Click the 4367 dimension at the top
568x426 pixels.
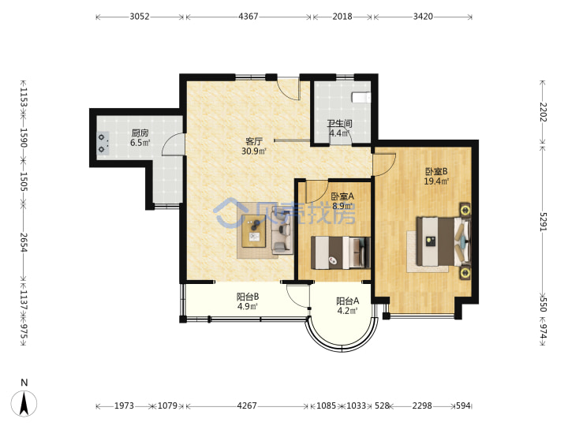(x=248, y=17)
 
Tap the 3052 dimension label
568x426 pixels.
(x=140, y=17)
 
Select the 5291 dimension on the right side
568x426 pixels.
(x=543, y=222)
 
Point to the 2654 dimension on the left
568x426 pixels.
(x=24, y=242)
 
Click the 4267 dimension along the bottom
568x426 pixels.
(x=247, y=405)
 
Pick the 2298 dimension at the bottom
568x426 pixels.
(x=422, y=405)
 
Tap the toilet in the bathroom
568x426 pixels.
(x=361, y=97)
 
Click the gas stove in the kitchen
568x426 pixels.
(x=103, y=143)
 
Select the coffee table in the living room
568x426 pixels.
(x=254, y=231)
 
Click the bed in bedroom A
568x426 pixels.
(x=341, y=253)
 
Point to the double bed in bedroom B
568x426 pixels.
(x=443, y=241)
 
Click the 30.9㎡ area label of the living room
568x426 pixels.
(x=254, y=151)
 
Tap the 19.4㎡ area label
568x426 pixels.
(x=436, y=181)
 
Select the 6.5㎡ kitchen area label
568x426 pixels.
(x=140, y=143)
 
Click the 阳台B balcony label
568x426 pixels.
(x=248, y=297)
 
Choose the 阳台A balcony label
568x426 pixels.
(x=348, y=301)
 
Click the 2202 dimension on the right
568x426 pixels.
(x=543, y=112)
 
